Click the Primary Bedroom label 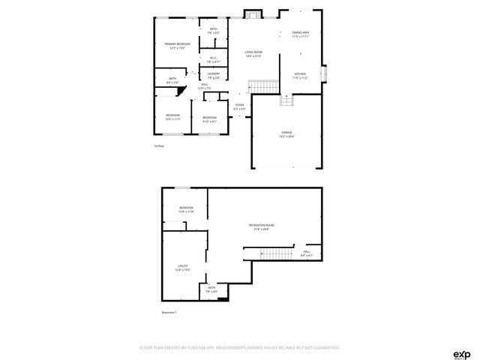(177, 46)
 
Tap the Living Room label (253, 53)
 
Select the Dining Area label (301, 34)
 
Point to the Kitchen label (299, 75)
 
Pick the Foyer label (239, 106)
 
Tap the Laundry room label (214, 74)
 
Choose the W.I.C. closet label (214, 59)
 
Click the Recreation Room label (262, 226)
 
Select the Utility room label (182, 267)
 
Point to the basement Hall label (306, 253)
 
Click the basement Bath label (211, 289)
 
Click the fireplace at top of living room (253, 13)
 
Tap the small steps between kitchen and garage (286, 100)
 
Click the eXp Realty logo (461, 353)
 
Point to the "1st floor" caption (159, 145)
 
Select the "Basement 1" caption (169, 311)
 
